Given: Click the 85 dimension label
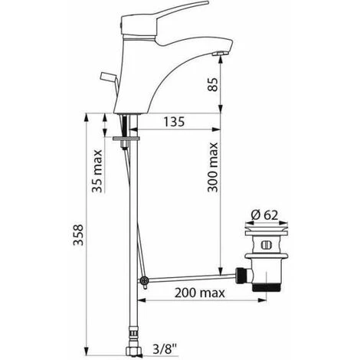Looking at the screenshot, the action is coord(214,84).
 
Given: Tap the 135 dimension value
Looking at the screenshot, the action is coord(174,122).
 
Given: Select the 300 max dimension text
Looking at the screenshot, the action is coord(213,167).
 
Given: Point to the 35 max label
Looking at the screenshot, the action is coord(97,171).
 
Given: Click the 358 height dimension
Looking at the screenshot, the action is coord(78,235).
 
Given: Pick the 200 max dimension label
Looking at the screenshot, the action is coord(200,293).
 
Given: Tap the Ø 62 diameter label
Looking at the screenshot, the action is coord(265,215).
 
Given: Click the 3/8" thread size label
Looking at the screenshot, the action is coord(165,349).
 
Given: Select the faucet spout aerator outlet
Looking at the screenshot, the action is coord(219,53).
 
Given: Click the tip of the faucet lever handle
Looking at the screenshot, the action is coord(208,3).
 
